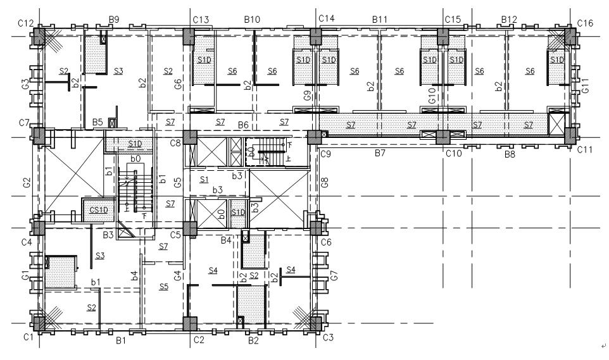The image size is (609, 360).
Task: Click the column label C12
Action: pos(25,23)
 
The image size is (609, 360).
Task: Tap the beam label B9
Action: pos(114,20)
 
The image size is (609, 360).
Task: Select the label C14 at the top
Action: pos(326,18)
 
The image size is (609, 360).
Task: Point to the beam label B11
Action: pos(379,19)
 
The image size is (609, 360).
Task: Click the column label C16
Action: pos(585,23)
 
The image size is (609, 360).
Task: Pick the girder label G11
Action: pos(586,85)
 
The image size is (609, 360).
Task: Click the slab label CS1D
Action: pos(99,210)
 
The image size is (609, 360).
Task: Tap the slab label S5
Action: pos(164,287)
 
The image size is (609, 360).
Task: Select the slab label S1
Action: pos(204,180)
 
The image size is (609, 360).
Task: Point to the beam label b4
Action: pos(134,276)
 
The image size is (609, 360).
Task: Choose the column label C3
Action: pos(328,337)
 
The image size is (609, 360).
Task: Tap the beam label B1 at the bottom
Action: pos(121,340)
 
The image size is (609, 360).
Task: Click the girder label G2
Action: pos(27,182)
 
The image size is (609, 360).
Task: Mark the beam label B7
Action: pos(380,152)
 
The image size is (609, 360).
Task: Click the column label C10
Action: pos(454,153)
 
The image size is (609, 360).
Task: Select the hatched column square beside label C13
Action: pos(189,37)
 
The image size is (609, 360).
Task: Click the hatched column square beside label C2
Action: pos(189,324)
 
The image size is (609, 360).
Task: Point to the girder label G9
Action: pos(308,96)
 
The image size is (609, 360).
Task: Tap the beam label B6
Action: pos(243,125)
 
